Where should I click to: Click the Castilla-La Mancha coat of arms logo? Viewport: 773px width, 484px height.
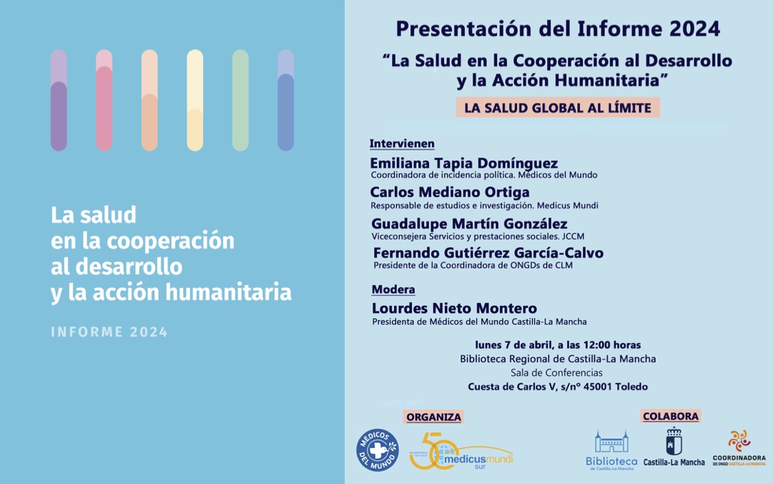[x=674, y=448]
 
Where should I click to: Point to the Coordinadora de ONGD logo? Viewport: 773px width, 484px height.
[x=739, y=449]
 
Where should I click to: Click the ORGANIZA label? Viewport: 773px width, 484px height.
[x=433, y=417]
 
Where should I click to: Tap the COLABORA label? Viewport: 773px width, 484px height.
[x=671, y=415]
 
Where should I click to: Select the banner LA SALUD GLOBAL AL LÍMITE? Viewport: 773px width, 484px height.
[x=558, y=108]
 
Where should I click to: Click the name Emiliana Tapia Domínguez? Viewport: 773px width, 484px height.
[x=464, y=163]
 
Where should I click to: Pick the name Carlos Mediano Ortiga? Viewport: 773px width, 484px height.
[x=450, y=192]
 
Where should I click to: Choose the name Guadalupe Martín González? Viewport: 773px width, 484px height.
[x=469, y=223]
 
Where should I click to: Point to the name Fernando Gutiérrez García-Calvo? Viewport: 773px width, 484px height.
[x=488, y=253]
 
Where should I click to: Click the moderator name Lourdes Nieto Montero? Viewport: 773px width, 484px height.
[x=454, y=309]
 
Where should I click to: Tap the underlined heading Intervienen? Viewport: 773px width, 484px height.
[x=402, y=144]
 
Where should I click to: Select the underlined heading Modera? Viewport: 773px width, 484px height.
[x=393, y=290]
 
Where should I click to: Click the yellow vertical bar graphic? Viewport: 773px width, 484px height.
[x=195, y=100]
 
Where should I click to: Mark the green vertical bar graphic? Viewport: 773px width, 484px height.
[x=240, y=100]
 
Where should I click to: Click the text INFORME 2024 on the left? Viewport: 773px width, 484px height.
[x=109, y=332]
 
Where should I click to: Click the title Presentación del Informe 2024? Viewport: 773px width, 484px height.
[x=558, y=29]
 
